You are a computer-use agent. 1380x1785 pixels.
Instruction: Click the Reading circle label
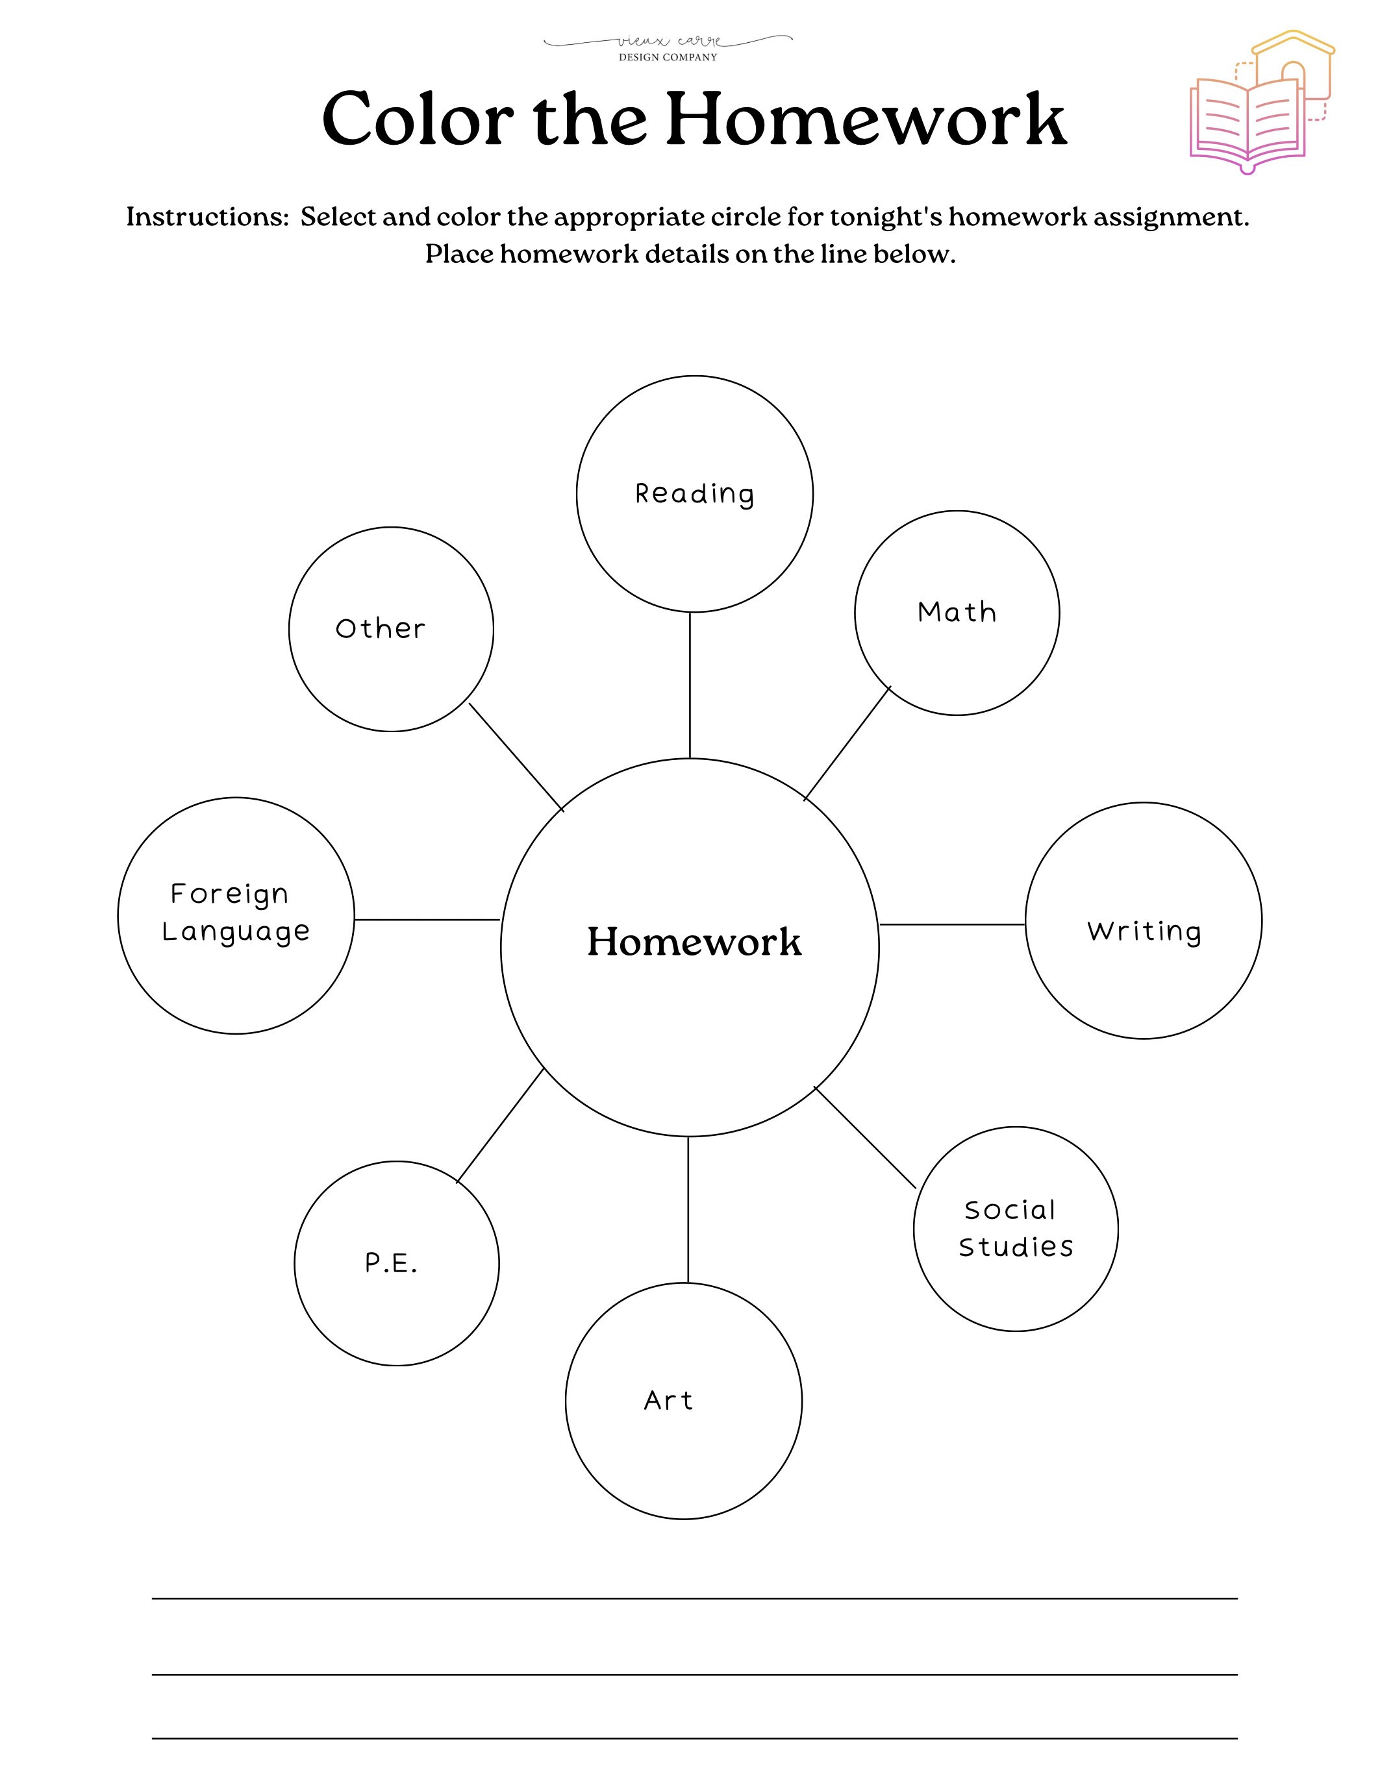[x=694, y=494]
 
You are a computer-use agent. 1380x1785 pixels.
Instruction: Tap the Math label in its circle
[x=957, y=612]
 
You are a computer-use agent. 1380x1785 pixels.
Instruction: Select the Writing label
[x=1144, y=931]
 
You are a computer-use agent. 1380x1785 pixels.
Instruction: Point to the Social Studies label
[x=1016, y=1229]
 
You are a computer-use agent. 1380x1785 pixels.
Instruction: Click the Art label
[x=668, y=1400]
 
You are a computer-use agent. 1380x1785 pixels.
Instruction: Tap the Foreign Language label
[x=236, y=912]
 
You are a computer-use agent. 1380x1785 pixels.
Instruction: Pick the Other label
[x=380, y=628]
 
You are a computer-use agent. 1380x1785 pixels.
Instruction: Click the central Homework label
[x=694, y=942]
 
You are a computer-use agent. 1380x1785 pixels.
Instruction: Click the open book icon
[x=1247, y=123]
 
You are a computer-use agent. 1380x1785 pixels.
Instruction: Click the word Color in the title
[x=418, y=119]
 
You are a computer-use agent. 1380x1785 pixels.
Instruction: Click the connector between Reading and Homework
[x=690, y=685]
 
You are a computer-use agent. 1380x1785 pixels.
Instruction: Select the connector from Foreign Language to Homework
[x=427, y=920]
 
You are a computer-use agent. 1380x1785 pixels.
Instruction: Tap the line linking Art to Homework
[x=688, y=1210]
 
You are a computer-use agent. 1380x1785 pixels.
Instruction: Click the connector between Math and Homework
[x=847, y=743]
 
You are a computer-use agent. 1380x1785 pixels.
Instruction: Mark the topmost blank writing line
[x=694, y=1598]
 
